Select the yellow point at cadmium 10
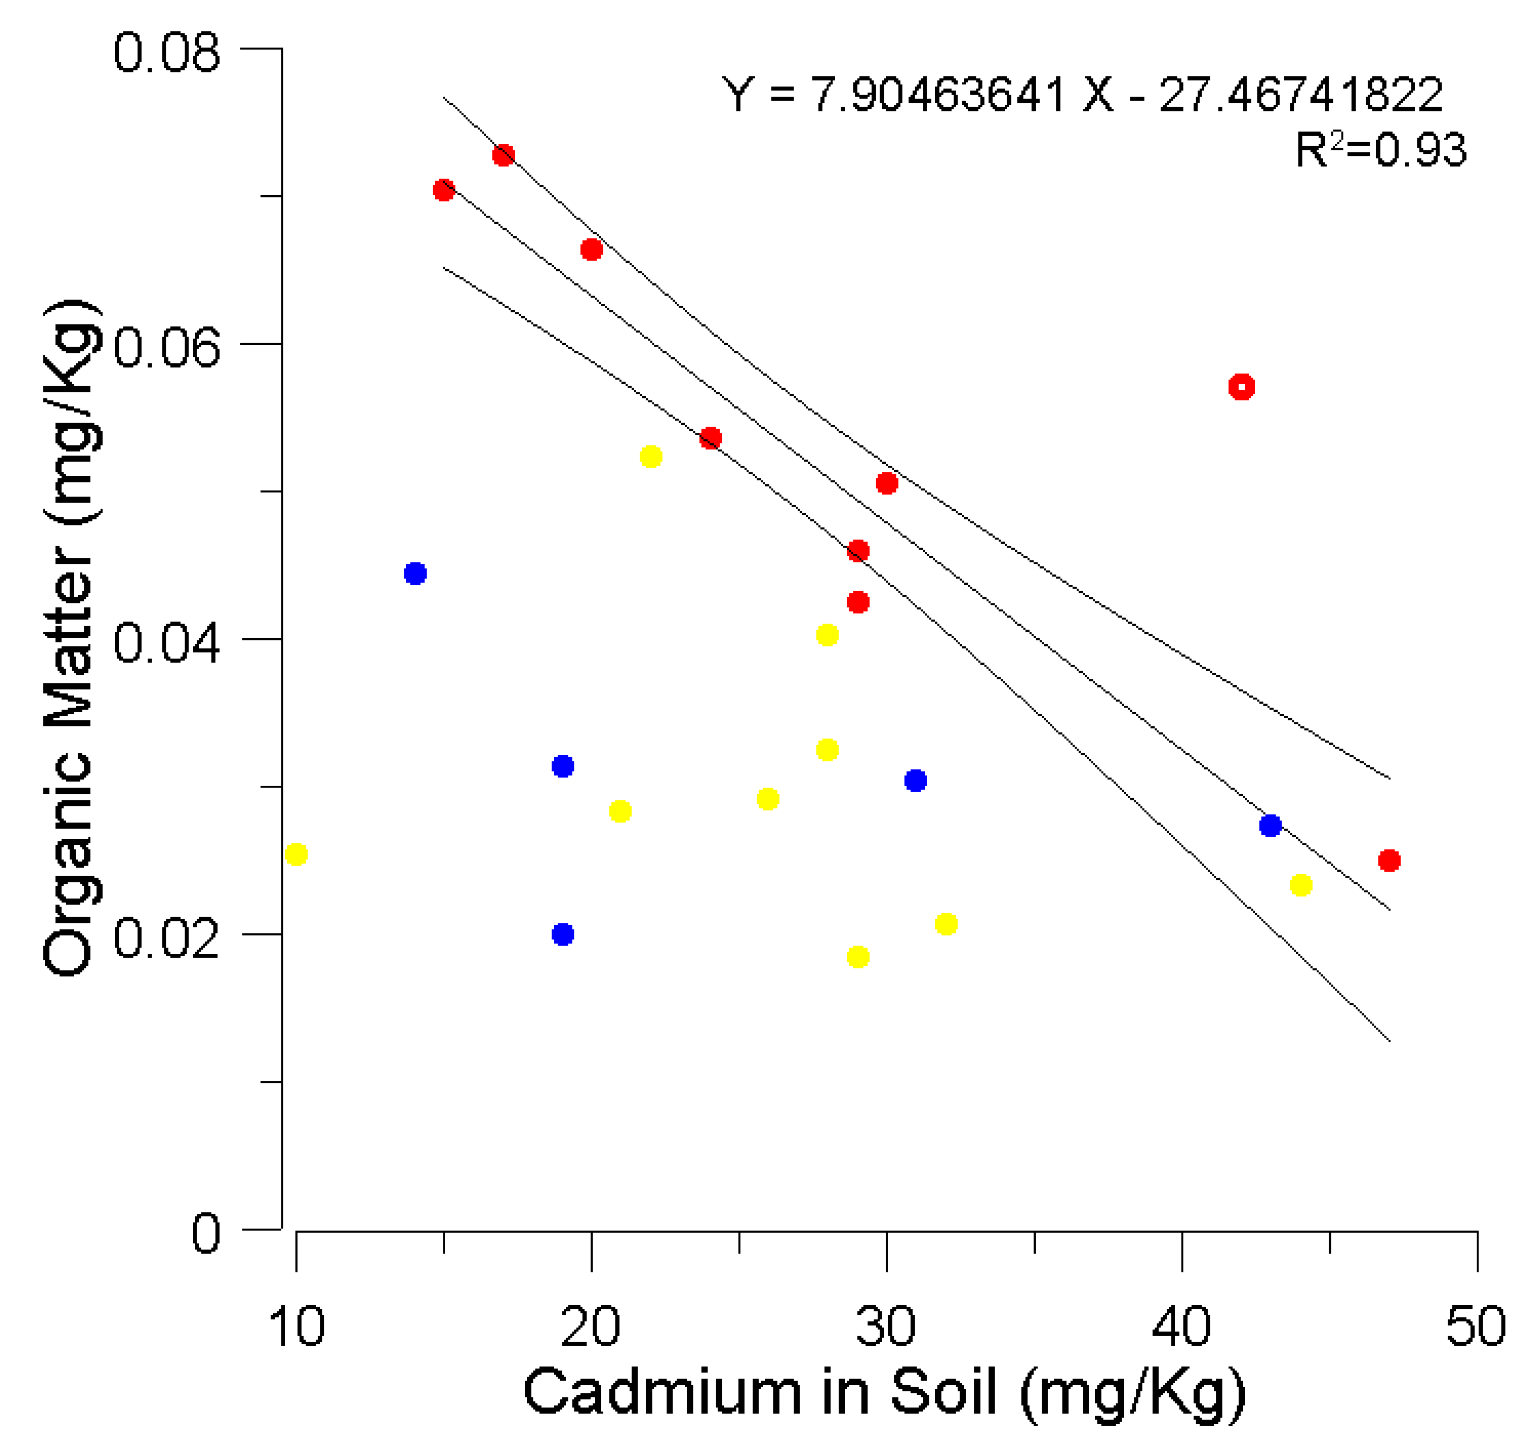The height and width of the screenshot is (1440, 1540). (x=296, y=854)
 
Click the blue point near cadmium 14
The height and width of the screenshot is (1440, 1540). (x=415, y=573)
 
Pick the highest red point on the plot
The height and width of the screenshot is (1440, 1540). (x=503, y=155)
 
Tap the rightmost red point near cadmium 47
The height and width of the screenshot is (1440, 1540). (x=1389, y=860)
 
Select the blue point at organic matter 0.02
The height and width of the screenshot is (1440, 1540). (x=563, y=934)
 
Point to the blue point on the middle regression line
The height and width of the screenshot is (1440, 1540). (x=1270, y=826)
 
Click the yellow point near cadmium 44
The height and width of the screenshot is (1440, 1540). (x=1301, y=885)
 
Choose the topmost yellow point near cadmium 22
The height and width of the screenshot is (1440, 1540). (x=651, y=456)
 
